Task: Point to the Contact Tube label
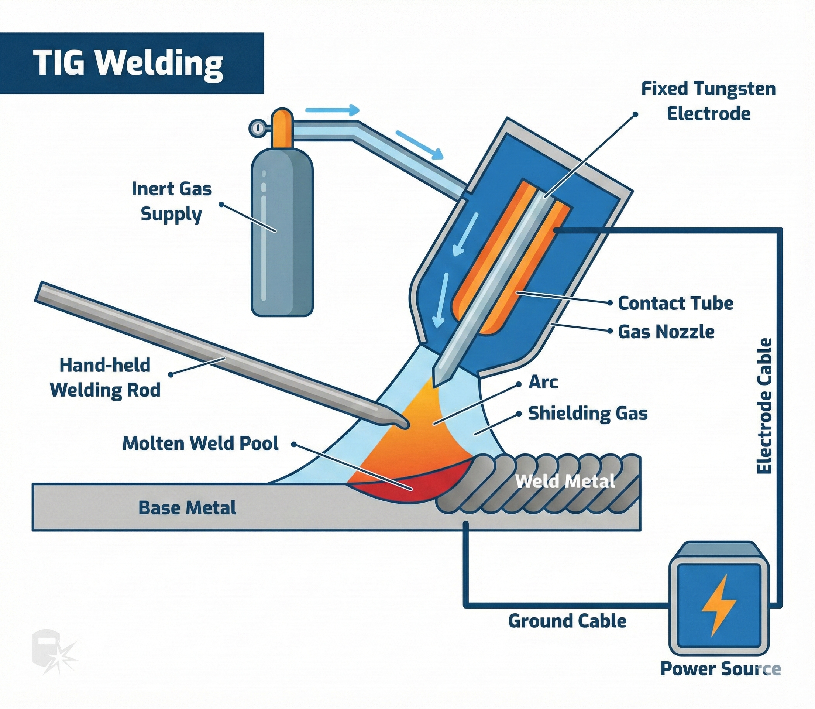pyautogui.click(x=675, y=304)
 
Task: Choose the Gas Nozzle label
pyautogui.click(x=666, y=332)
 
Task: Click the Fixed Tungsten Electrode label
pyautogui.click(x=708, y=101)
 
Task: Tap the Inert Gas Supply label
pyautogui.click(x=172, y=201)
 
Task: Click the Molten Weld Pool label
pyautogui.click(x=200, y=443)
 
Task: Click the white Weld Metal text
pyautogui.click(x=565, y=482)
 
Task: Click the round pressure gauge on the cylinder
pyautogui.click(x=256, y=128)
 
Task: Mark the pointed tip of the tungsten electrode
pyautogui.click(x=436, y=383)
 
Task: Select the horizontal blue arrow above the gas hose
pyautogui.click(x=332, y=110)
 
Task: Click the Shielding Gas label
pyautogui.click(x=588, y=414)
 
